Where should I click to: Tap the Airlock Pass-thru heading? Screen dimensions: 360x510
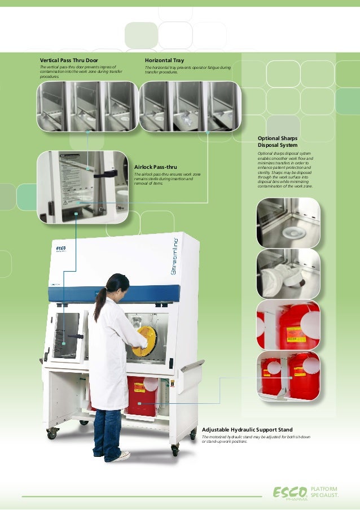click(x=155, y=167)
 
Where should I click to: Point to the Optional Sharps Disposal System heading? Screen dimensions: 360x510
click(x=278, y=142)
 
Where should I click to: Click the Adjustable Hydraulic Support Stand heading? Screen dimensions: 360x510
click(x=247, y=430)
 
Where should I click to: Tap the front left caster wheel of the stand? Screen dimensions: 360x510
click(x=52, y=434)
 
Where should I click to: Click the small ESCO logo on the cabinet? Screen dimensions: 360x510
click(x=60, y=249)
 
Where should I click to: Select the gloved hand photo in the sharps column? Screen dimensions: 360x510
click(x=288, y=273)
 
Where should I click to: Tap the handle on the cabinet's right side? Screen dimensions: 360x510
click(x=192, y=366)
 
